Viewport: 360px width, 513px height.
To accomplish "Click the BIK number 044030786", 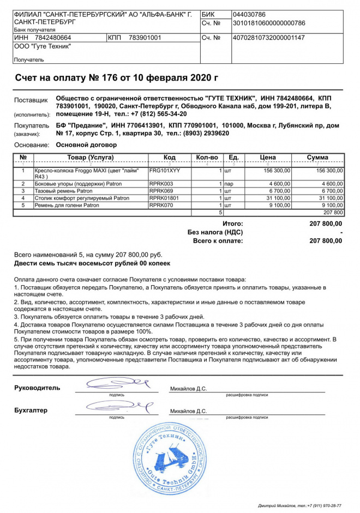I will (249, 14).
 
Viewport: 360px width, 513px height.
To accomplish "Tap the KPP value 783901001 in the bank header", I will (145, 38).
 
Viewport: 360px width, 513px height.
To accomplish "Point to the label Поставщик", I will (31, 100).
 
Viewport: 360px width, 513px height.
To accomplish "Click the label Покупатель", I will (32, 126).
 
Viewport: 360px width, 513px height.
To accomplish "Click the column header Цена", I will (268, 158).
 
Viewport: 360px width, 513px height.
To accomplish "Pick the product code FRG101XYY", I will (164, 171).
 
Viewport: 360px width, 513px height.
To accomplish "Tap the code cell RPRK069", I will (161, 191).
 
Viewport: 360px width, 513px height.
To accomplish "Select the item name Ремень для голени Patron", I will (67, 206).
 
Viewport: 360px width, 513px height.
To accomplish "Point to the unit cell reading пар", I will (229, 184).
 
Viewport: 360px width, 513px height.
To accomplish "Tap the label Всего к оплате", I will (218, 240).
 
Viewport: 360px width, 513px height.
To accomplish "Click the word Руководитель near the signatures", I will (37, 388).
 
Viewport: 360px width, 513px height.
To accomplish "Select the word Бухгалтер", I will (31, 410).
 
